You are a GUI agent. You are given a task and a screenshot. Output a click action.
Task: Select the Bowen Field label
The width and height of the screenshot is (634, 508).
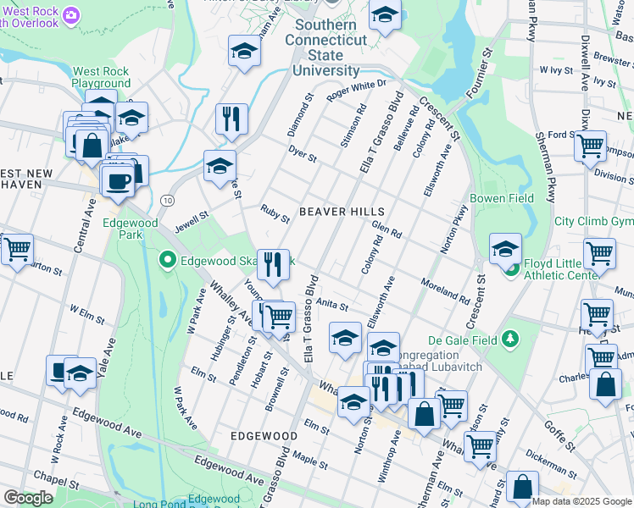point(502,198)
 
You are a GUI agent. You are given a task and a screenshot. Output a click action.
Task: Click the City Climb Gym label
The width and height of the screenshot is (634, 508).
point(593,221)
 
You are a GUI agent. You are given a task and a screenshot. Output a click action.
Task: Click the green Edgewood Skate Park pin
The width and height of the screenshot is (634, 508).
point(169,259)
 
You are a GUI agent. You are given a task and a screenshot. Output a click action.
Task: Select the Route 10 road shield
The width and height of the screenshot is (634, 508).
point(168,199)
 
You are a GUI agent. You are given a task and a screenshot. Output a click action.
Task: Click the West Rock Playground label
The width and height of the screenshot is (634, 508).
point(101,78)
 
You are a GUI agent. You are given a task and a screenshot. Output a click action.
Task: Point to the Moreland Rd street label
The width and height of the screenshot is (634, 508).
point(445,290)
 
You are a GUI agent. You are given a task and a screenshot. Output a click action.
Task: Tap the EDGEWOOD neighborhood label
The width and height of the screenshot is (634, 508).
point(264,435)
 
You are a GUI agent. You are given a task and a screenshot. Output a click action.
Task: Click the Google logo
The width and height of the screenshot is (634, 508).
point(28,498)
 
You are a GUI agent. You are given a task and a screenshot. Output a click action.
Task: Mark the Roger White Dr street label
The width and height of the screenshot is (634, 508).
point(356,87)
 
